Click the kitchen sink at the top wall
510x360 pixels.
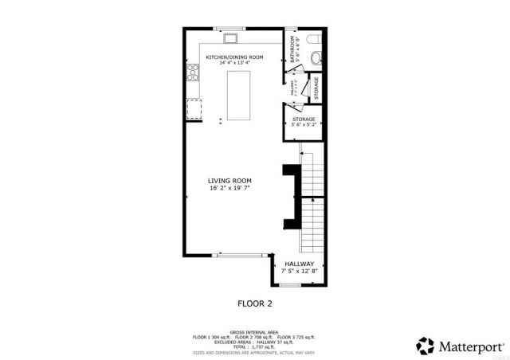[x=230, y=37]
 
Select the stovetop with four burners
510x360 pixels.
[x=192, y=74]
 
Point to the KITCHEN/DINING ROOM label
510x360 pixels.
[x=234, y=57]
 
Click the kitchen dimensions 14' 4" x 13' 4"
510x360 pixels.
[x=234, y=63]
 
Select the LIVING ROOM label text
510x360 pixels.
[x=230, y=181]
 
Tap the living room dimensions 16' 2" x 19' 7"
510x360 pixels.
[x=230, y=189]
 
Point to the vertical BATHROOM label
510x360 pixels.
[x=293, y=49]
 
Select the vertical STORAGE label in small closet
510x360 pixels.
[x=316, y=87]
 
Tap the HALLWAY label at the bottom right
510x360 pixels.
[x=300, y=264]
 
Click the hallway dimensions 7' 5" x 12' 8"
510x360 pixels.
[x=300, y=272]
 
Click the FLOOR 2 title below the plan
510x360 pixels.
[x=256, y=303]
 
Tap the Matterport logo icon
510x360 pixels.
[x=425, y=345]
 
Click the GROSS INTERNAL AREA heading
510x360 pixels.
[x=255, y=331]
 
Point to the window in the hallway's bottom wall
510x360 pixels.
[x=290, y=284]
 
